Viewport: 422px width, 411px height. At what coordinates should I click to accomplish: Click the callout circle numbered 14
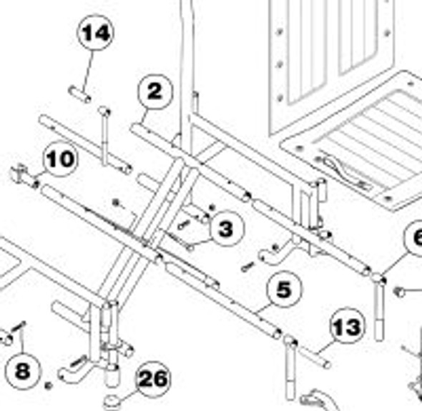coord(96,34)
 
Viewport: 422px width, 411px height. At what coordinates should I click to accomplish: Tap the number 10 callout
coord(61,159)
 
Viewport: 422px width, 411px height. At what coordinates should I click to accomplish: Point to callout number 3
coord(226,229)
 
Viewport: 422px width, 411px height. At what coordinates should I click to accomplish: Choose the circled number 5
coord(284,289)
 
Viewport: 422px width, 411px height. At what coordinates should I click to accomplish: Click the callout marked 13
coord(347,329)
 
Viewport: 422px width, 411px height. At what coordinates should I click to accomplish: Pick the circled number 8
coord(22,370)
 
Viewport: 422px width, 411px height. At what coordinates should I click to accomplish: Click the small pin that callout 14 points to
coord(79,94)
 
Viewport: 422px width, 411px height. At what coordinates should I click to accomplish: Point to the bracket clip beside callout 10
coord(23,174)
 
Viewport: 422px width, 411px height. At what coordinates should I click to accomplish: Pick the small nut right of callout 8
coord(48,385)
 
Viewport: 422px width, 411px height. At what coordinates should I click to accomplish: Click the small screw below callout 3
coord(247,267)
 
